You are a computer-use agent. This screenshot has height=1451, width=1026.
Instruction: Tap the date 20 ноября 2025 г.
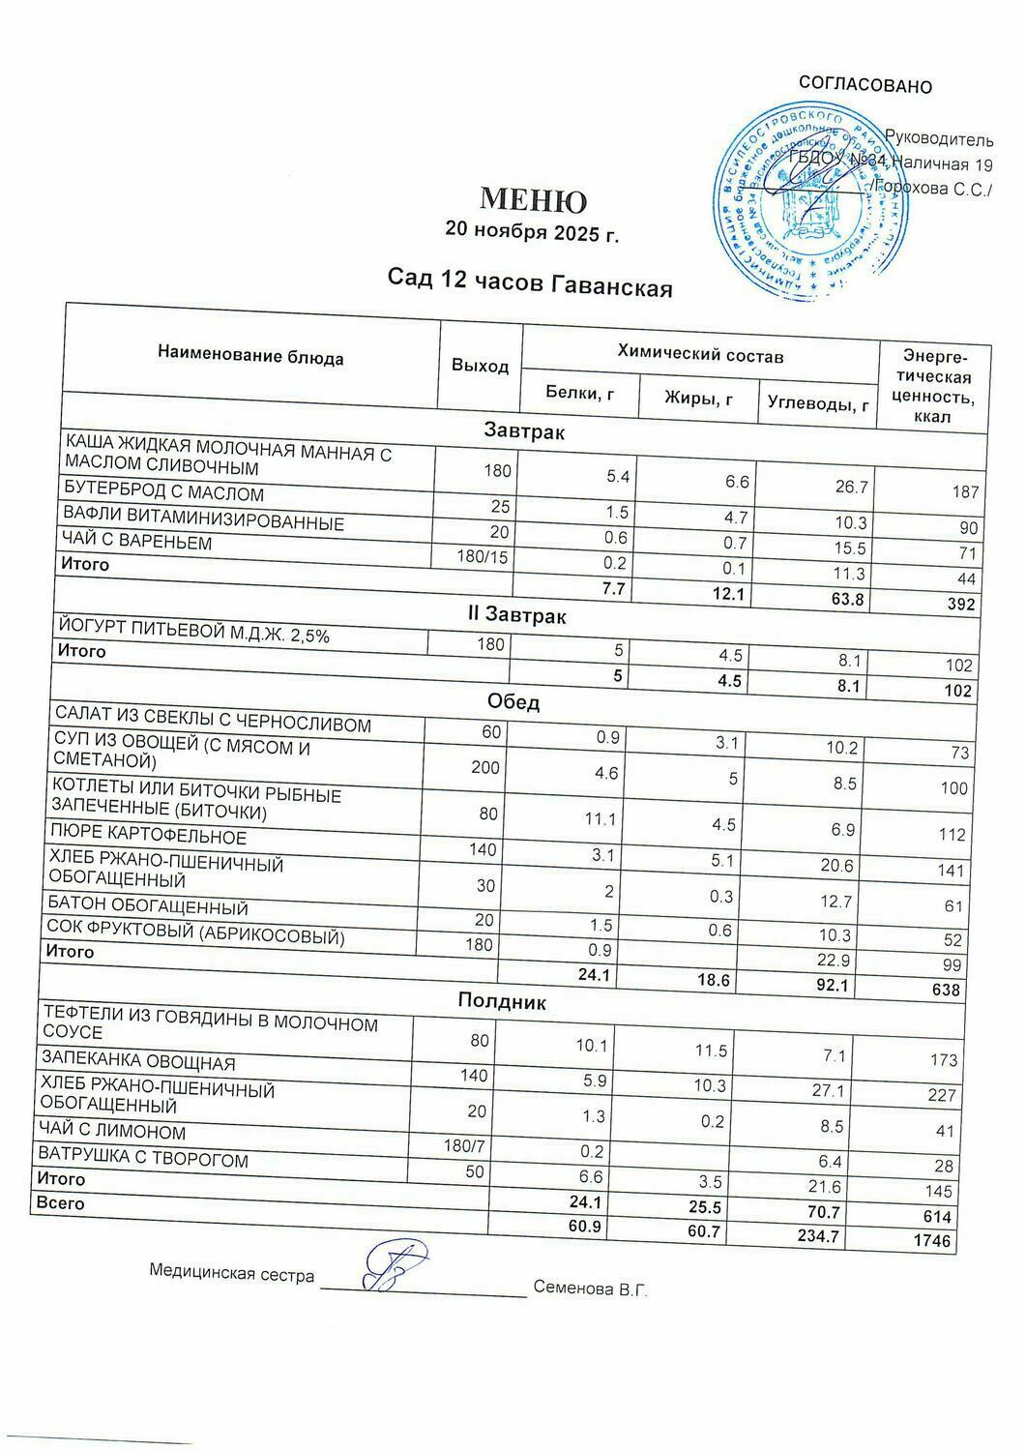[x=531, y=232]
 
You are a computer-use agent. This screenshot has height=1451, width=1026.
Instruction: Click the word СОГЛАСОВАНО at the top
[x=865, y=86]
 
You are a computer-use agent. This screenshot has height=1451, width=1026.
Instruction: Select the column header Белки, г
[x=580, y=393]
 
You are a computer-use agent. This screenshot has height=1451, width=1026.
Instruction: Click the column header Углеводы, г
[x=817, y=403]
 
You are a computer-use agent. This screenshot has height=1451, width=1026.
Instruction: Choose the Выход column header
[x=480, y=366]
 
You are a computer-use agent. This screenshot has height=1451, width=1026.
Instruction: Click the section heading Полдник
[x=501, y=1002]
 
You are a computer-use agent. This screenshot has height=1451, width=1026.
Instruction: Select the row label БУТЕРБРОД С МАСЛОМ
[x=163, y=492]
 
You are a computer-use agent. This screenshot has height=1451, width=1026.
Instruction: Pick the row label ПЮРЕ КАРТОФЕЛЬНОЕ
[x=149, y=836]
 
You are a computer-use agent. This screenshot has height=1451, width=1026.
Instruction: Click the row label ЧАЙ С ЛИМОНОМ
[x=111, y=1131]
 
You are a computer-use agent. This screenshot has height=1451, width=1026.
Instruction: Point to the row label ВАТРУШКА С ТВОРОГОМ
[x=142, y=1159]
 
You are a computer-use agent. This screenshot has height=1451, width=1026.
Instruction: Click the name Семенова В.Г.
[x=589, y=1288]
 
